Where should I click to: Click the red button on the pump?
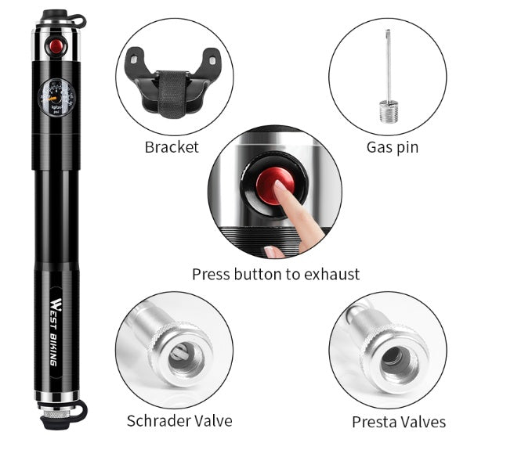point(56,45)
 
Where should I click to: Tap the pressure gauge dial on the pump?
point(56,98)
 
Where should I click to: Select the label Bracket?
point(172,147)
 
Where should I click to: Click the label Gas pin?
point(392,147)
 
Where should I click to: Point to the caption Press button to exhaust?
point(276,274)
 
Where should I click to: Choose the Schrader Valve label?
point(179,420)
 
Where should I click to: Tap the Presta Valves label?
point(398,422)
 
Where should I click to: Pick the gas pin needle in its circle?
point(388,74)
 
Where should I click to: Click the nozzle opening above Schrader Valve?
point(186,355)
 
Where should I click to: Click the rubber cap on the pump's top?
point(56,15)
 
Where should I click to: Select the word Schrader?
point(157,420)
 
